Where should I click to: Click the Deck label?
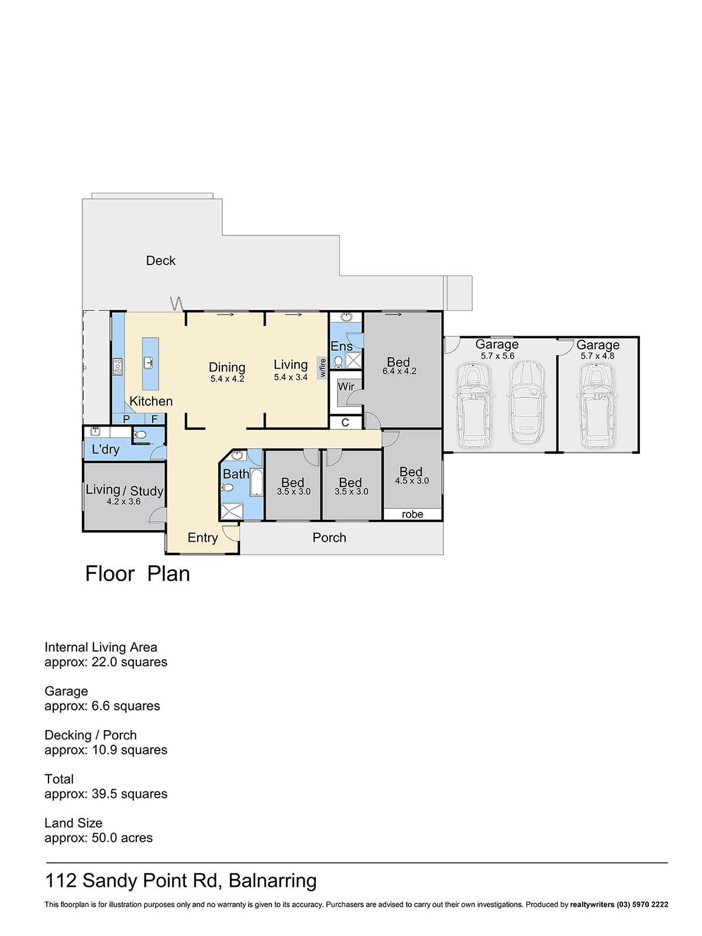click(x=161, y=260)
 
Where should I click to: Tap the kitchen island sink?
click(x=149, y=363)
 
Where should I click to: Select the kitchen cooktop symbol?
click(x=118, y=367)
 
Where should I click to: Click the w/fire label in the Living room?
click(x=322, y=367)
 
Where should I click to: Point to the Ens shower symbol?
click(x=353, y=360)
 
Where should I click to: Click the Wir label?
click(x=346, y=386)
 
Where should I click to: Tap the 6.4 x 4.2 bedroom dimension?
click(x=400, y=371)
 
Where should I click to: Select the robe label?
click(x=412, y=514)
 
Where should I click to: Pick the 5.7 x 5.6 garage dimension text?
click(x=497, y=356)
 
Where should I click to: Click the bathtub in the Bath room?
click(x=256, y=482)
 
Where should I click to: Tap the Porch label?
click(x=329, y=537)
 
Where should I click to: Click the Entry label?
click(x=202, y=538)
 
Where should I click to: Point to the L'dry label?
click(x=105, y=449)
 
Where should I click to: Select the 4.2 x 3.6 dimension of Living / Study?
click(x=123, y=501)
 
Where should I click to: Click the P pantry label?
click(x=126, y=419)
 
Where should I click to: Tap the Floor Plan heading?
click(x=137, y=573)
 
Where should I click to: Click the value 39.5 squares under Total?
click(x=129, y=794)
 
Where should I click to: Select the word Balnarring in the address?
click(x=273, y=880)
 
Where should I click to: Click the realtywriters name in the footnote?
click(x=592, y=904)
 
